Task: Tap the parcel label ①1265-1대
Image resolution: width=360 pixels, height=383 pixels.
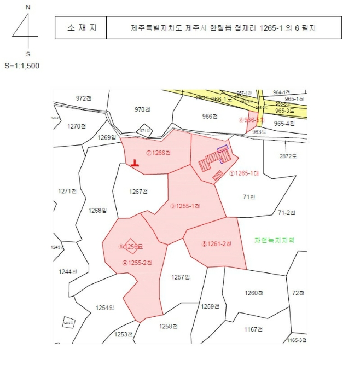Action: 243,173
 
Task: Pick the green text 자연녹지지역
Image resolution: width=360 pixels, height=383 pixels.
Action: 275,240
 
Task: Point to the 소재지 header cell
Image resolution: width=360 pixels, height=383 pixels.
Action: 80,27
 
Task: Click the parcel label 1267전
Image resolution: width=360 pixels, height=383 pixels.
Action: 139,191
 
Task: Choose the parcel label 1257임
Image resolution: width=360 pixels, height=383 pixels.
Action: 180,277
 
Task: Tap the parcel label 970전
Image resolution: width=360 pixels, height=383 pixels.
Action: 142,109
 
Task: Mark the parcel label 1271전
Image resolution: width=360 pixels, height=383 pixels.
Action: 67,191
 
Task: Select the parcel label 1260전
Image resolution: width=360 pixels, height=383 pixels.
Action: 254,293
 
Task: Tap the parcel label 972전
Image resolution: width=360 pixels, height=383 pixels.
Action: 84,98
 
